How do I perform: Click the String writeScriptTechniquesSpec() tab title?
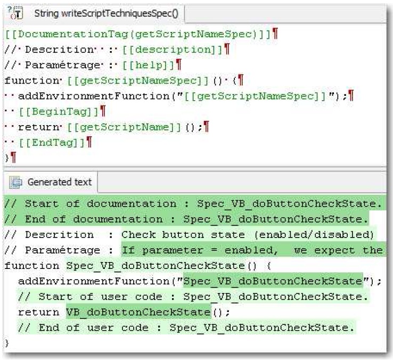107,13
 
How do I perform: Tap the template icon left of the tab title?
16,13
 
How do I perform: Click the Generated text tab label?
60,182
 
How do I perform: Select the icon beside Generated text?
16,182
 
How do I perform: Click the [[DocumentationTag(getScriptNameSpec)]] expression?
138,34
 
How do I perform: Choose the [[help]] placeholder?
148,65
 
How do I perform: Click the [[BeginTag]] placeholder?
59,111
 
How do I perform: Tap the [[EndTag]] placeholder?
52,143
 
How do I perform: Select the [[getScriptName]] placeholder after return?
124,127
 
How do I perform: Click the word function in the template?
32,81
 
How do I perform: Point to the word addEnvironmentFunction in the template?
94,96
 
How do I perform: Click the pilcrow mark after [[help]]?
178,64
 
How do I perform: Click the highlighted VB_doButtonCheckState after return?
138,312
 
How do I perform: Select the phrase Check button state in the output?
183,235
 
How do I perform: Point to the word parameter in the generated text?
173,250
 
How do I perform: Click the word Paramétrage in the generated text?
62,250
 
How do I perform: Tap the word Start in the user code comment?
55,297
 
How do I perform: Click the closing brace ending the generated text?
7,343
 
